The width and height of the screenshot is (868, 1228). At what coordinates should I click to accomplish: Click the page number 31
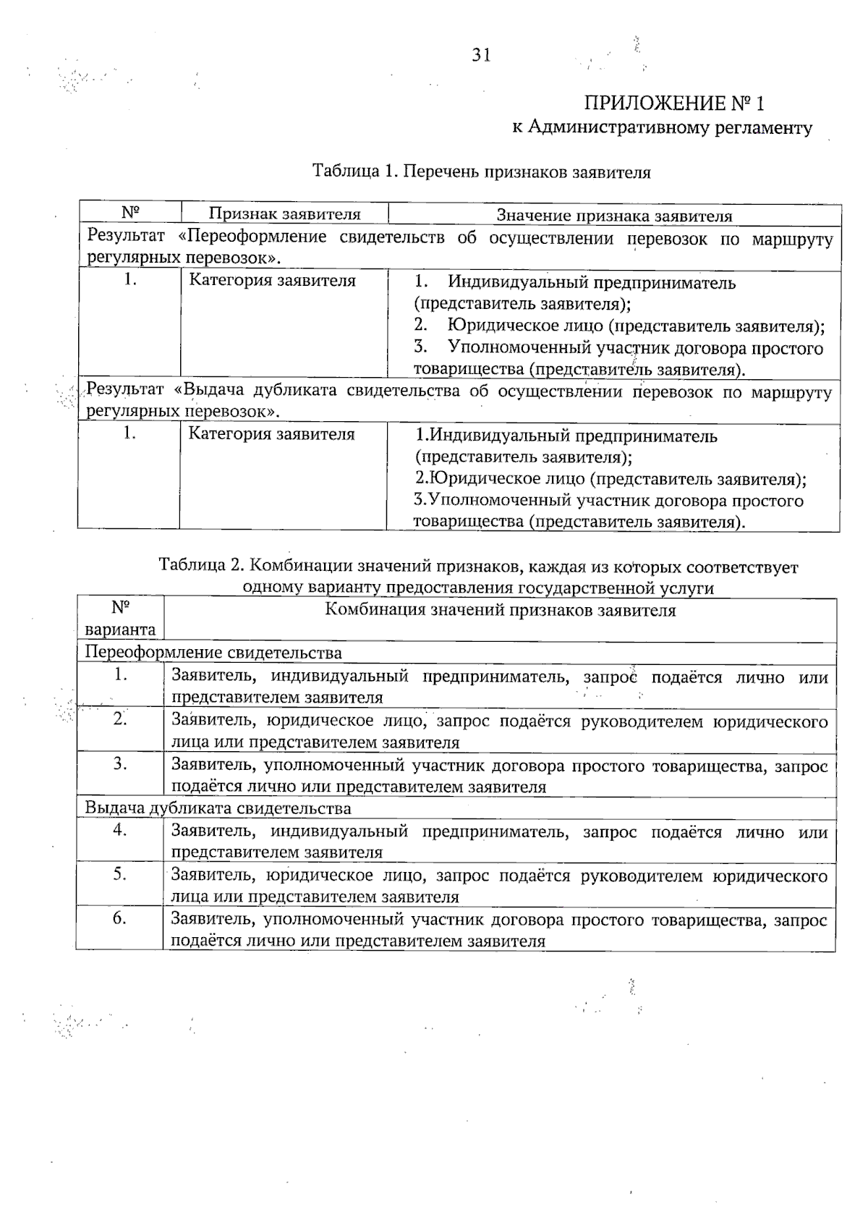pyautogui.click(x=481, y=56)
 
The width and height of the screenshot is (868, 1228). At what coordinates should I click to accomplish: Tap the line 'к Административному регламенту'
pyautogui.click(x=662, y=128)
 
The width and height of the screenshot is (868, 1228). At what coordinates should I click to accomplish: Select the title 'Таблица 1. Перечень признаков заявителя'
pyautogui.click(x=481, y=172)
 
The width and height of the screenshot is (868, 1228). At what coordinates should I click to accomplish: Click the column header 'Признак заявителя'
pyautogui.click(x=284, y=214)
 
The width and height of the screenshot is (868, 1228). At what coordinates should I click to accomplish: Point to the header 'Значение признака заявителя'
pyautogui.click(x=613, y=216)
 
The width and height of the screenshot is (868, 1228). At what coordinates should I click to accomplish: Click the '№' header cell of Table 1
pyautogui.click(x=130, y=213)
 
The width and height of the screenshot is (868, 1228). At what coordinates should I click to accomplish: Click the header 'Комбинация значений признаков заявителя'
pyautogui.click(x=500, y=610)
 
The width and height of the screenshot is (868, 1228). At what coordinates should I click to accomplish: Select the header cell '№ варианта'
pyautogui.click(x=120, y=619)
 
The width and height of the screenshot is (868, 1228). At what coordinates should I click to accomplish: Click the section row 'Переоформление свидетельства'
pyautogui.click(x=213, y=653)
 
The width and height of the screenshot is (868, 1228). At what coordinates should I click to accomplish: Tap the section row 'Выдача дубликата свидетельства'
pyautogui.click(x=218, y=808)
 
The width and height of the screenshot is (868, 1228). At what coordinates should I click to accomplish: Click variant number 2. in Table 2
pyautogui.click(x=120, y=719)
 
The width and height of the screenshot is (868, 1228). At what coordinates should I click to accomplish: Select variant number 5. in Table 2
pyautogui.click(x=120, y=874)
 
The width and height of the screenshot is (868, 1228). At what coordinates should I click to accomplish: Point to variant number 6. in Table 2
pyautogui.click(x=120, y=918)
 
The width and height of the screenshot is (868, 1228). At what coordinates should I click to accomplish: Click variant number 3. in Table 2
pyautogui.click(x=120, y=763)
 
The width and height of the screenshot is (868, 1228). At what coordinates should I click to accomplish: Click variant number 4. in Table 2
pyautogui.click(x=120, y=830)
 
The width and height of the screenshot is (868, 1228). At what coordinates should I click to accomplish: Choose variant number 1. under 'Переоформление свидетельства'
pyautogui.click(x=120, y=675)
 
